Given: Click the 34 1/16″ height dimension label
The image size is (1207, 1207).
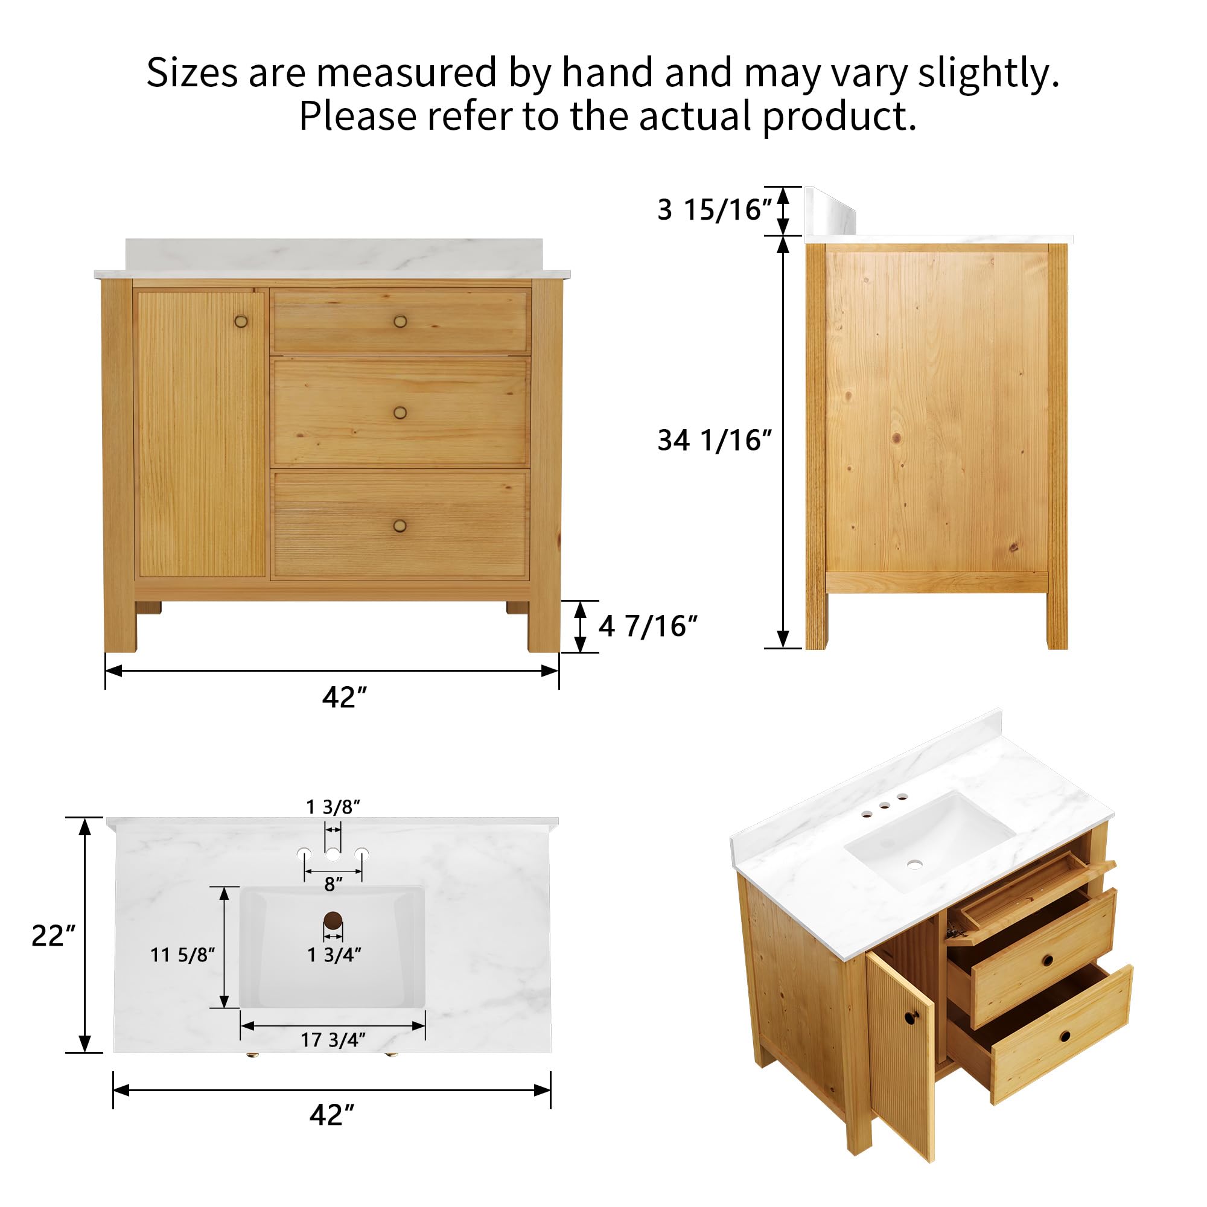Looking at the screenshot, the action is (x=715, y=441).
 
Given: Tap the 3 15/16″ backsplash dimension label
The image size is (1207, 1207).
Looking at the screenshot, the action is (x=715, y=210).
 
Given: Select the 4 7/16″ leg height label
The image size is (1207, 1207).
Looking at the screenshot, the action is (x=648, y=626).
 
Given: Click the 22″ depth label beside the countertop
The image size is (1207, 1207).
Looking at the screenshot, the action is (x=53, y=936).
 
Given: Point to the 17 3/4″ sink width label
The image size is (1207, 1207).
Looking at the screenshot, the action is (x=333, y=1040).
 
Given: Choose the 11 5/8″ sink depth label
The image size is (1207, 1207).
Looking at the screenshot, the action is (x=182, y=955).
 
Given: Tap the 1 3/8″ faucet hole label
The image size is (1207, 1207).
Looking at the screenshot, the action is (x=333, y=807).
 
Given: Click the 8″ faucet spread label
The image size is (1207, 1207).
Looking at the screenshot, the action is (x=334, y=884).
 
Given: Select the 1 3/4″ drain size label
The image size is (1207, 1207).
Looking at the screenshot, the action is (x=334, y=955).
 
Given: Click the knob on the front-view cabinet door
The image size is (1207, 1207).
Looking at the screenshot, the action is (x=241, y=322).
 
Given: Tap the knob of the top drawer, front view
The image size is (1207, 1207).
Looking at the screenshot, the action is (x=400, y=322).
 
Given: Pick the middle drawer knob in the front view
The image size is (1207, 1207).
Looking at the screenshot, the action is (x=400, y=412).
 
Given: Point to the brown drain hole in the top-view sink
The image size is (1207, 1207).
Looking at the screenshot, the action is (x=333, y=920).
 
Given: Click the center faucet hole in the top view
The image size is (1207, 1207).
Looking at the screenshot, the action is (x=333, y=853).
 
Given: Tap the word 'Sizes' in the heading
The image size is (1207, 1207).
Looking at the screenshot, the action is (x=193, y=72).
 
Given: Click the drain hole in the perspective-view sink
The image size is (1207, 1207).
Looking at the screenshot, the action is (x=915, y=864).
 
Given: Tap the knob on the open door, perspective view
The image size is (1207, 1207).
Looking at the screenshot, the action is (x=908, y=1018).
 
